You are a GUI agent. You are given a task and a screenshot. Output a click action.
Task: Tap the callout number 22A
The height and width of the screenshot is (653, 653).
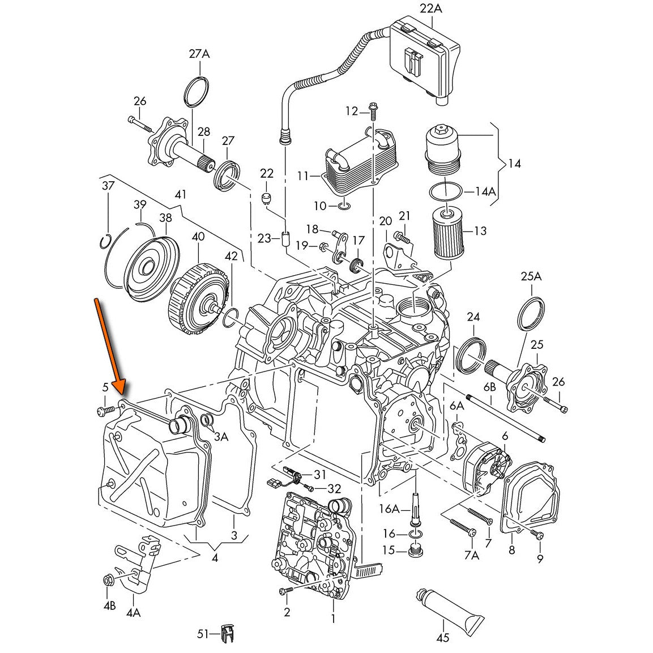[x=431, y=8]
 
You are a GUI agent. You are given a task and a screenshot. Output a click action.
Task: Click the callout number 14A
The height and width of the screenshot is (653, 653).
[x=485, y=191]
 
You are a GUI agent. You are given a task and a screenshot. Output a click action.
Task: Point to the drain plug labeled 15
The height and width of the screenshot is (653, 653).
[x=415, y=550]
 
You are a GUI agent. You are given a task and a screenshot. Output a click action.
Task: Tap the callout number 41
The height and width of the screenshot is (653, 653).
[x=181, y=195]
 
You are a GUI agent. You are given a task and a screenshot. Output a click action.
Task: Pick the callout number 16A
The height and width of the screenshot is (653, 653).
[x=389, y=509]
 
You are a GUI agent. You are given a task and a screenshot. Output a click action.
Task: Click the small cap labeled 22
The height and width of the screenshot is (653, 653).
[x=267, y=198]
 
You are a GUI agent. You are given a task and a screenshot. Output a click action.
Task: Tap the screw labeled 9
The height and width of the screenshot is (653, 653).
[x=538, y=535]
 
